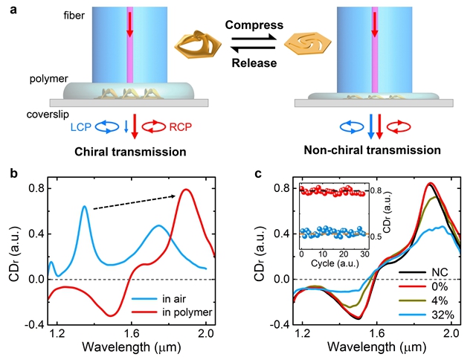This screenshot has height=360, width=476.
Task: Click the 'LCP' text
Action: [x=70, y=126]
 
